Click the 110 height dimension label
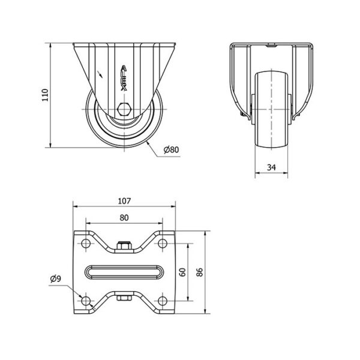[45, 95]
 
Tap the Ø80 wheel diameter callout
[171, 149]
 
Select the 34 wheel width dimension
[271, 167]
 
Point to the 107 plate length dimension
[124, 201]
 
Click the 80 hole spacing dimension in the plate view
[124, 218]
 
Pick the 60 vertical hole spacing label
[182, 272]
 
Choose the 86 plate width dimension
[200, 272]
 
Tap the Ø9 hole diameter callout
[56, 279]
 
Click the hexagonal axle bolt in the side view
[124, 109]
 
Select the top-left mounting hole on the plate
[86, 243]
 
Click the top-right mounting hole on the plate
[163, 243]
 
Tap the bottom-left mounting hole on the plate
[86, 301]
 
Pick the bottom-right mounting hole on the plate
[163, 301]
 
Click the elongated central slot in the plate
[124, 272]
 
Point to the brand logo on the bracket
[124, 78]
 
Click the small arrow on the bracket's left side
[100, 74]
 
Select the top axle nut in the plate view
[124, 245]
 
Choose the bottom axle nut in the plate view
[124, 298]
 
